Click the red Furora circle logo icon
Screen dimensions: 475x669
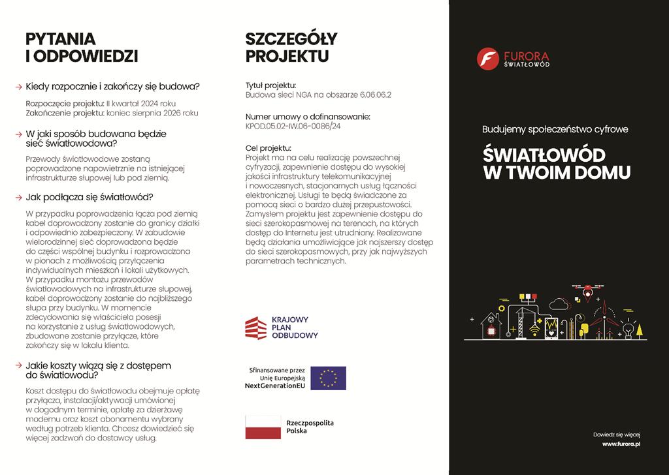click(x=487, y=58)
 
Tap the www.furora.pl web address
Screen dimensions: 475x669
click(x=621, y=444)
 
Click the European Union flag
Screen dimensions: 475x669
click(x=328, y=378)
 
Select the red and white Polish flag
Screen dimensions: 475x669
click(x=262, y=427)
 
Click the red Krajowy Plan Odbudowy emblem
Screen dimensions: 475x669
click(x=255, y=328)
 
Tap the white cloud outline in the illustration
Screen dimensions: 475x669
click(x=560, y=303)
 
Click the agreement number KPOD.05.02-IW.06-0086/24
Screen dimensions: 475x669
click(x=293, y=126)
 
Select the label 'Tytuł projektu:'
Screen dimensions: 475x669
click(x=270, y=85)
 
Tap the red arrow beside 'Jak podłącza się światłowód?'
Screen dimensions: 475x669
click(x=18, y=197)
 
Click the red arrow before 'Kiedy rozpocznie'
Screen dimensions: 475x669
click(x=18, y=86)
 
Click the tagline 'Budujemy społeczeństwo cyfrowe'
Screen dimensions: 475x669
click(x=555, y=129)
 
